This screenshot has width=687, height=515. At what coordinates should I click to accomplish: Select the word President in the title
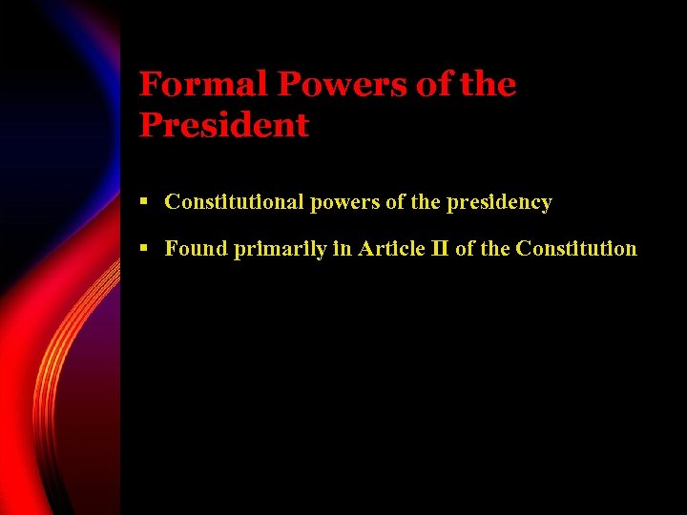224,126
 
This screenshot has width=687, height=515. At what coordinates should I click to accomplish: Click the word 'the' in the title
487,85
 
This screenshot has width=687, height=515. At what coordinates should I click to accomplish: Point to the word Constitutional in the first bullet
234,202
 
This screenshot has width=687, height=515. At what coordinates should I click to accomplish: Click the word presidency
498,202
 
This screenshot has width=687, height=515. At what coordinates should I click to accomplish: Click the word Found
196,249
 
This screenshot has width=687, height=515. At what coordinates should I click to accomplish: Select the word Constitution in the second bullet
575,249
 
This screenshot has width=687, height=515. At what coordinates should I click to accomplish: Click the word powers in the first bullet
343,202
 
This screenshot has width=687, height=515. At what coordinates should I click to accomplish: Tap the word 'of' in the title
434,85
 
